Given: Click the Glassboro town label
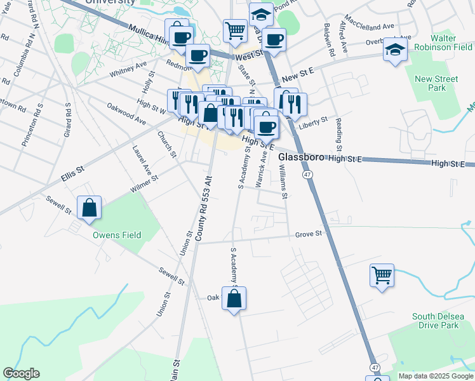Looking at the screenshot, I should coord(302,156).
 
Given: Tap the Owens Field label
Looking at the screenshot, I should coord(117,235).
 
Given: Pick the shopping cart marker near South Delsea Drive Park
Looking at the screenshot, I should coord(382,276).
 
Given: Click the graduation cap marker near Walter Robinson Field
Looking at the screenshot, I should coord(395,51).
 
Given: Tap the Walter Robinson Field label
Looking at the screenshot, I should coord(443,43).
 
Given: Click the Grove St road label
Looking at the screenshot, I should coord(309,234).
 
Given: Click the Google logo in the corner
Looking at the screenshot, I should coord(21,373).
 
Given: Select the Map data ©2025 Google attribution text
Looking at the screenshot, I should coord(436,376).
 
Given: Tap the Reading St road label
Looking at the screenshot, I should coord(340,130).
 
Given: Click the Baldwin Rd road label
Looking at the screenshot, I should coord(328,37).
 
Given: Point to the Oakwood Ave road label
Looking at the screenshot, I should coord(126,114).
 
